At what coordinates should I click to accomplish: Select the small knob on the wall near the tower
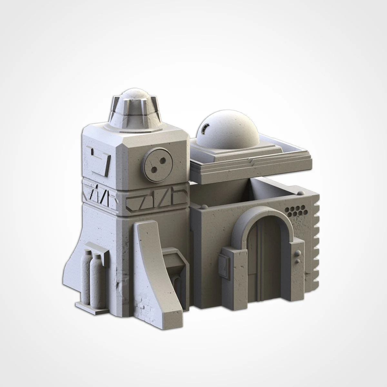pos(204,205)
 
